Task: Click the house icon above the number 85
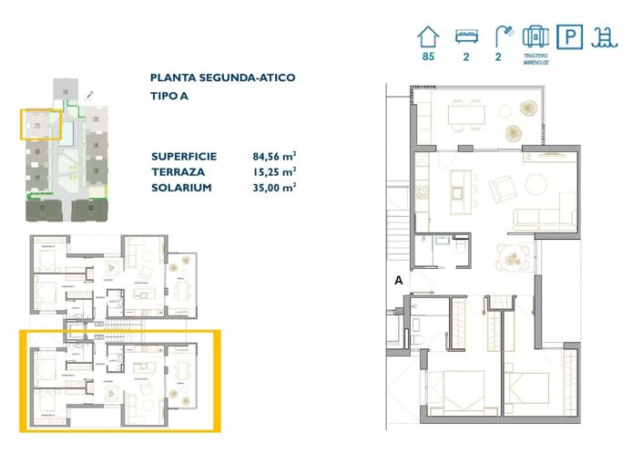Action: [x=427, y=36]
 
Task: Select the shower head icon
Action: [x=502, y=36]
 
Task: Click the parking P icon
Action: [x=570, y=36]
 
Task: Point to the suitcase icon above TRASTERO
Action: [x=535, y=36]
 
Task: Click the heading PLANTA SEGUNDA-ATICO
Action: [x=222, y=78]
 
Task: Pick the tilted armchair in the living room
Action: [x=503, y=190]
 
